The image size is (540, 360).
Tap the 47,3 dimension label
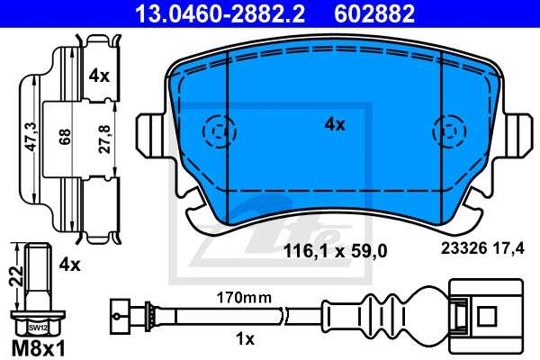[x=30, y=134]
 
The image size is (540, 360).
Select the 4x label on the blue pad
[x=334, y=125]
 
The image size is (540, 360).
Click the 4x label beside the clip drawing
[x=99, y=76]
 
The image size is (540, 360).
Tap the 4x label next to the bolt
[x=69, y=265]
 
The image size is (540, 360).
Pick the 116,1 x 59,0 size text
[x=335, y=253]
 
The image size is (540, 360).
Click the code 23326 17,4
[x=480, y=253]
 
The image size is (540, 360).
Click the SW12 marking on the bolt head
[x=35, y=328]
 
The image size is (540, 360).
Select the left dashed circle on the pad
[x=215, y=132]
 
